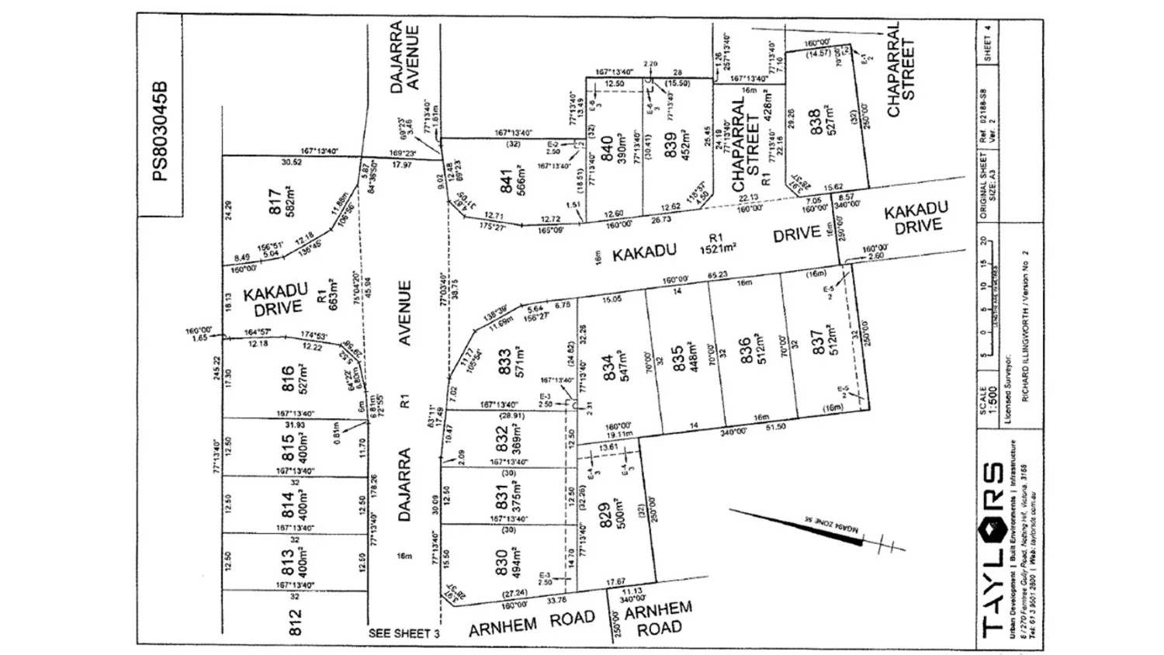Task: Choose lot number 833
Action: (x=505, y=363)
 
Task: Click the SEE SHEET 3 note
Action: (x=404, y=633)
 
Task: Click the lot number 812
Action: (x=294, y=622)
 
